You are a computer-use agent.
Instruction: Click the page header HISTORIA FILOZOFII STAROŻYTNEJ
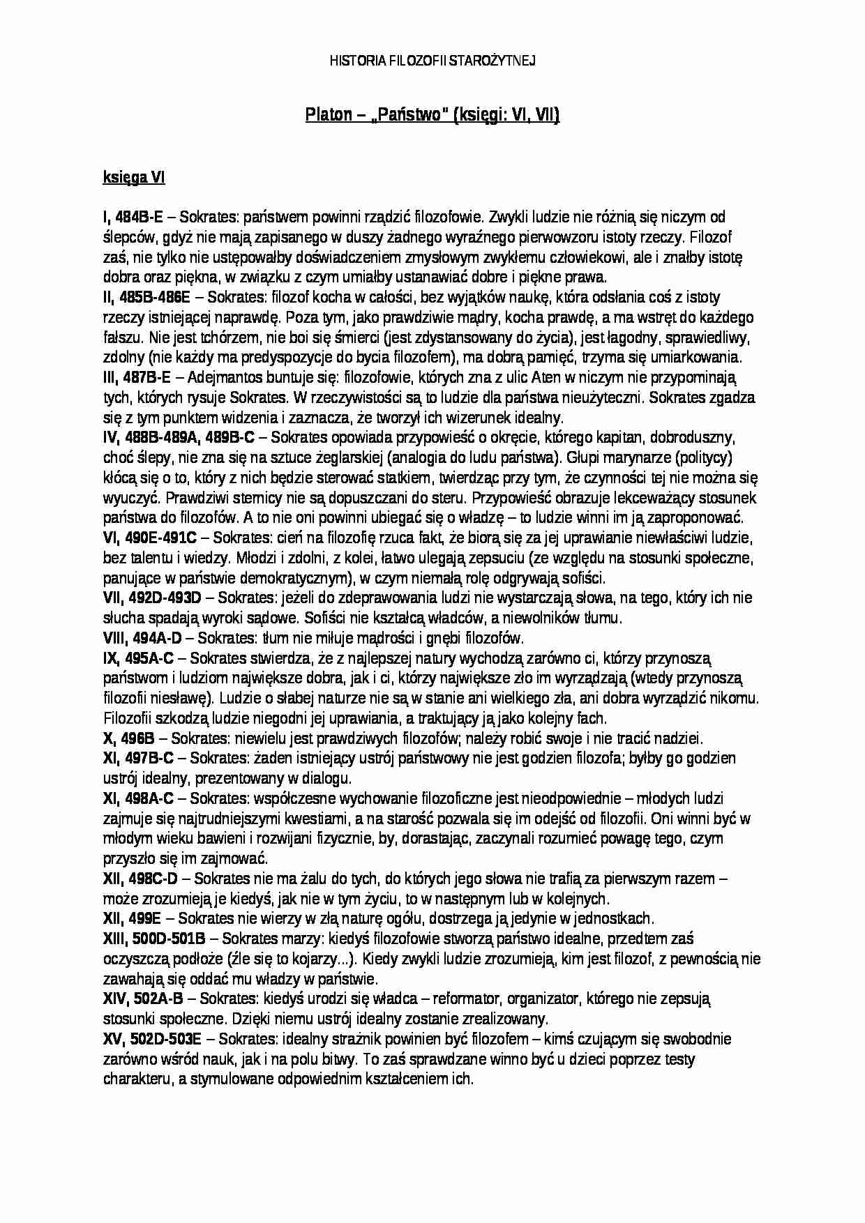pyautogui.click(x=432, y=61)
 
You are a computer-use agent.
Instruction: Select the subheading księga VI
pyautogui.click(x=134, y=178)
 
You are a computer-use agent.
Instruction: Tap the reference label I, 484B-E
pyautogui.click(x=133, y=218)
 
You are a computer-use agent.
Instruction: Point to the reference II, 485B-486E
pyautogui.click(x=146, y=298)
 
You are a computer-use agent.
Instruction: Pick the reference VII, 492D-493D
pyautogui.click(x=152, y=598)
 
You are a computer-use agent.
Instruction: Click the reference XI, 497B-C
pyautogui.click(x=139, y=759)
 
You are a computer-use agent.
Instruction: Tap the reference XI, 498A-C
pyautogui.click(x=139, y=798)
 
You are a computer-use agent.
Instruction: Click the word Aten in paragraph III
pyautogui.click(x=547, y=378)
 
